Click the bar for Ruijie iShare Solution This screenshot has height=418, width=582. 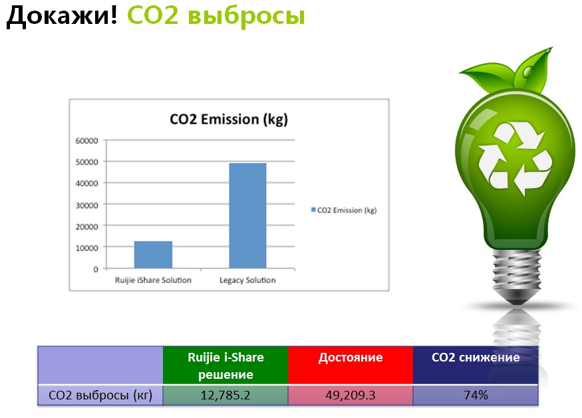(x=153, y=255)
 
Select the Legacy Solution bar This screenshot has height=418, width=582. (x=247, y=215)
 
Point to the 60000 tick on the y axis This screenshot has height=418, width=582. (x=87, y=141)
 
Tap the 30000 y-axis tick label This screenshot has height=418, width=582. (x=87, y=205)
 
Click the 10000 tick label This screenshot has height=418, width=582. (x=87, y=248)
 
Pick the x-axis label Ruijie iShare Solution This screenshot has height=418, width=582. (x=153, y=280)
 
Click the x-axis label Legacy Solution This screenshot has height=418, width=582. (x=247, y=280)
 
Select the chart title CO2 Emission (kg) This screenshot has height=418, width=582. (x=229, y=120)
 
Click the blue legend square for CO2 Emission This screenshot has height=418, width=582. (x=313, y=209)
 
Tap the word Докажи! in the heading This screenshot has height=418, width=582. (x=62, y=17)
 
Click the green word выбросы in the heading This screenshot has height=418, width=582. (x=246, y=17)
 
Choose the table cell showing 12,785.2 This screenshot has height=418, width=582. (x=225, y=395)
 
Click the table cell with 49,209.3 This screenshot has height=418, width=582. (x=351, y=395)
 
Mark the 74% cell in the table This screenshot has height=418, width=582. (x=476, y=395)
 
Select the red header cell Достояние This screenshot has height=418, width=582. (x=351, y=366)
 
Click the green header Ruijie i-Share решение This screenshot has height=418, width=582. (x=225, y=366)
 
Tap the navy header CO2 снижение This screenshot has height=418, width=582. (x=476, y=366)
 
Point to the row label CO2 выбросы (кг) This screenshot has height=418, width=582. (x=100, y=395)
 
